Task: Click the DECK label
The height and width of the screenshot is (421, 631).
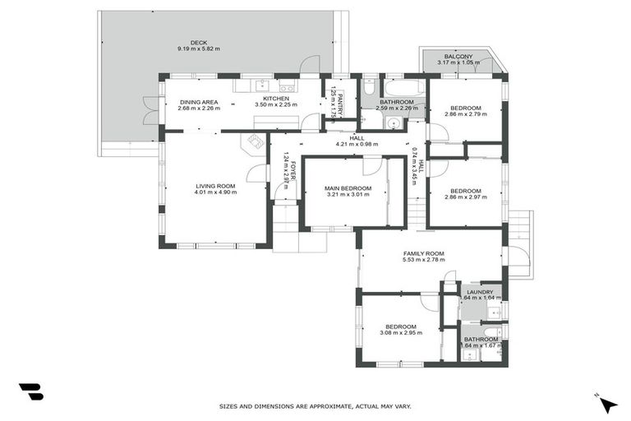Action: pos(198,43)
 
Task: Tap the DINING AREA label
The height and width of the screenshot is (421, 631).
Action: pos(198,102)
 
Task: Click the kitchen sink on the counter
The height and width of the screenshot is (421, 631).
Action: pos(261,85)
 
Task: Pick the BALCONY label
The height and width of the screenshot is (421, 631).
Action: pos(458,56)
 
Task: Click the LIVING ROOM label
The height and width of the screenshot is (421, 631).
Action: pos(215,186)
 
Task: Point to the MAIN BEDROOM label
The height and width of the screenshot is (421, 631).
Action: pos(348,188)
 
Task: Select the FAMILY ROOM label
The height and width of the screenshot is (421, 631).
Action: pos(423,253)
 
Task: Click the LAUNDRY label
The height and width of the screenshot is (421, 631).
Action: pos(480,292)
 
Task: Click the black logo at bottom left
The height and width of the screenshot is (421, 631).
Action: pos(30,392)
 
